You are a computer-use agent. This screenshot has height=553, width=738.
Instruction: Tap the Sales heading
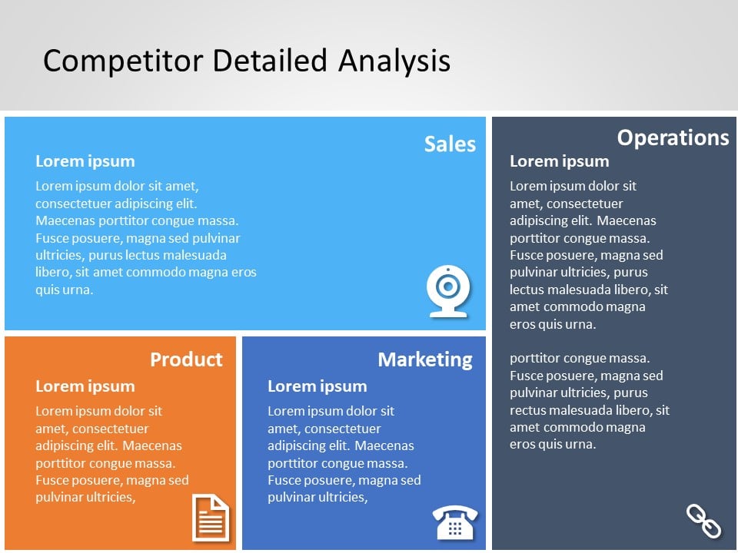450,144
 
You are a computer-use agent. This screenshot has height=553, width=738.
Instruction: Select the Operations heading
673,137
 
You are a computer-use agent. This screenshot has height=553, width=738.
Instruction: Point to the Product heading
186,359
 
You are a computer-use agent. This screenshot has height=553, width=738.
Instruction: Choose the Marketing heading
424,359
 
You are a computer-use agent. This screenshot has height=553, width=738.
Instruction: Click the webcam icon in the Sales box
448,291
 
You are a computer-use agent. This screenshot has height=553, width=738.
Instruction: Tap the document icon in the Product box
210,518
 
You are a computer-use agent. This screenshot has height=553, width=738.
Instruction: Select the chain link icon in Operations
703,521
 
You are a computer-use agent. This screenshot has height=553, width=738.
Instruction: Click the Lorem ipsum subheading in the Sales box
85,161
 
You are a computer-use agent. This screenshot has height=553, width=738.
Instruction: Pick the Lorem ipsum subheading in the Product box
85,386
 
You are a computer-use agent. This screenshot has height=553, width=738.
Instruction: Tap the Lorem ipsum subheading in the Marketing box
317,386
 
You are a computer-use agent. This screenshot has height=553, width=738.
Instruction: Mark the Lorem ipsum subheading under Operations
559,161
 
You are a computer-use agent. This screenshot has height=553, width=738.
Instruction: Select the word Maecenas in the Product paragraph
152,445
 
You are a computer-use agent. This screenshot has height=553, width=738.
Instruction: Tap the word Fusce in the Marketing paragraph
284,480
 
